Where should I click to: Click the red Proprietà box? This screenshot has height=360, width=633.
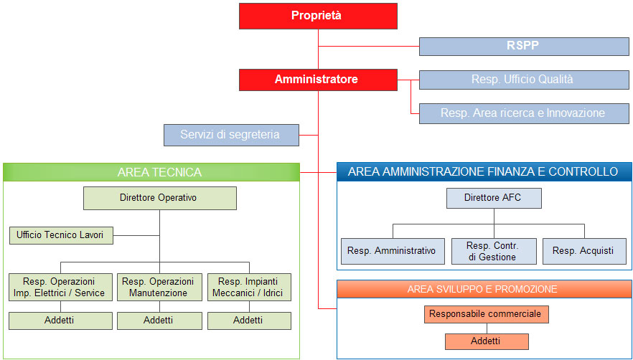click(318, 16)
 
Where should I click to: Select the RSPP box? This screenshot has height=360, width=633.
click(524, 47)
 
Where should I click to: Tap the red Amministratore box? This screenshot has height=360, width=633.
click(318, 80)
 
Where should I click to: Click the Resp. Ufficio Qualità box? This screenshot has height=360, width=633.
click(524, 80)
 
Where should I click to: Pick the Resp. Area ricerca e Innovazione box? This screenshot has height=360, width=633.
click(524, 113)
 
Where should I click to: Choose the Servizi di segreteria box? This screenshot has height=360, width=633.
click(231, 135)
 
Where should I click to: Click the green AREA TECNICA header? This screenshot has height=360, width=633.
click(151, 172)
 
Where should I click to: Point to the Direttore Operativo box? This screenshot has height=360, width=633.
click(160, 198)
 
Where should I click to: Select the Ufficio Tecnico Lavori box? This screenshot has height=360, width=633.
click(62, 235)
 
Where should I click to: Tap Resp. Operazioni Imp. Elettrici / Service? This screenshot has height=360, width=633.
click(60, 288)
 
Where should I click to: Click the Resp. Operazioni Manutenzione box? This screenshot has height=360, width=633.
click(159, 288)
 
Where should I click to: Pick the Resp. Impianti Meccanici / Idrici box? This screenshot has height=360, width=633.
click(249, 288)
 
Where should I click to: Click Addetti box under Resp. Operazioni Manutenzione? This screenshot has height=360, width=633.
click(159, 321)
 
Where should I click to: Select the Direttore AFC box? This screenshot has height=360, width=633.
click(494, 198)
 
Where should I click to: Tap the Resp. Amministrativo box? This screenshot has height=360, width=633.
click(393, 251)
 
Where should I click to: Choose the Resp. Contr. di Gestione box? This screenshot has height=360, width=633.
click(494, 251)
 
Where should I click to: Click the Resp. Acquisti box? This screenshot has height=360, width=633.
click(584, 251)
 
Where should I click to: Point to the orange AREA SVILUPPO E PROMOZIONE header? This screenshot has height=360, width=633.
click(484, 290)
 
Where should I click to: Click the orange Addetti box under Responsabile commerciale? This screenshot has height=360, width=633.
click(487, 341)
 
